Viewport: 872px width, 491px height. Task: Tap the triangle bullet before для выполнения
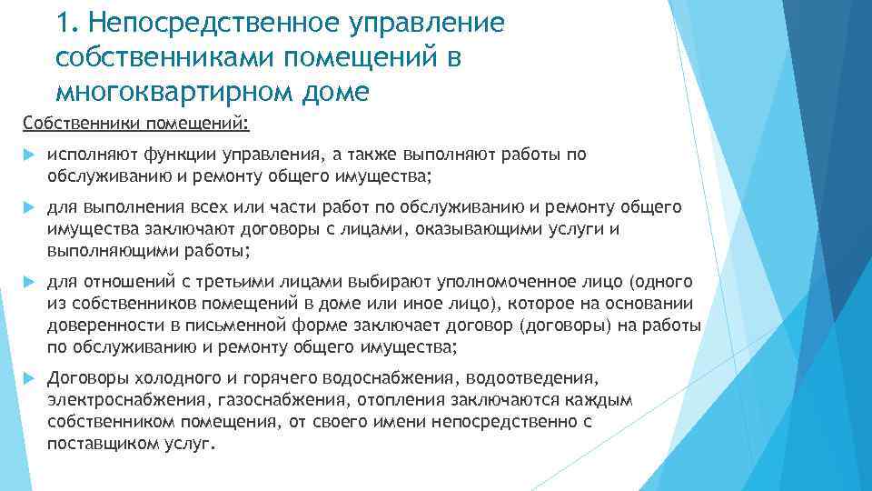click(26, 208)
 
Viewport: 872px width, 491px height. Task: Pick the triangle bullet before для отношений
click(26, 281)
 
